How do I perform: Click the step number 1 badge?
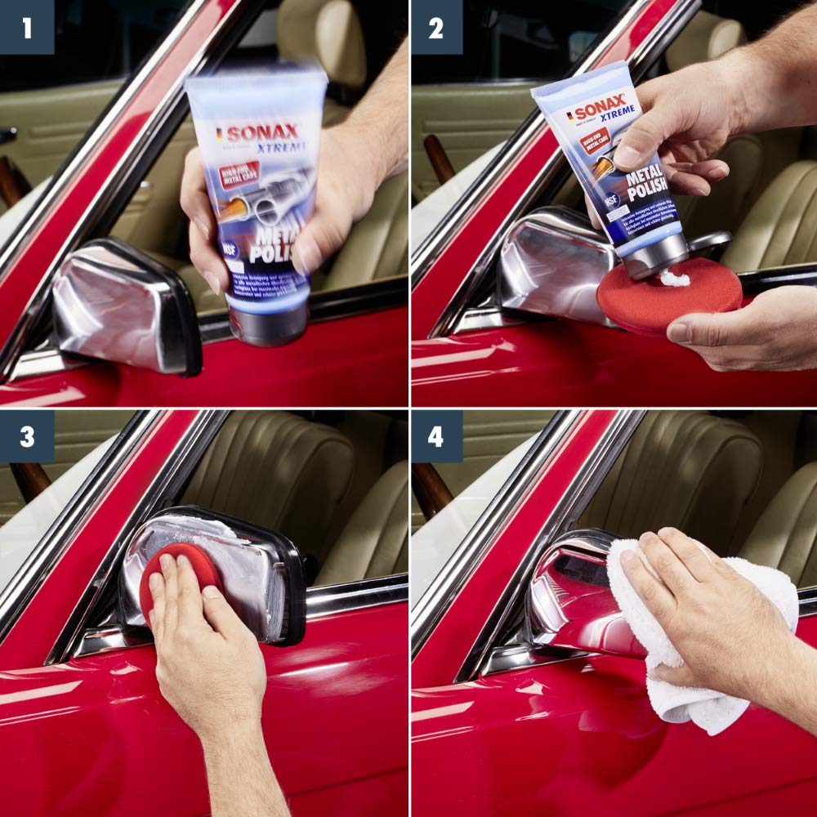click(x=26, y=27)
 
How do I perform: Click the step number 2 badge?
click(x=435, y=27)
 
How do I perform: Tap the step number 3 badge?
click(x=26, y=436)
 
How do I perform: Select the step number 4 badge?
click(x=435, y=436)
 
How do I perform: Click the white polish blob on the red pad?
click(x=674, y=279)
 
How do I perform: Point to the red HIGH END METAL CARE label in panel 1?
click(x=239, y=174)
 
